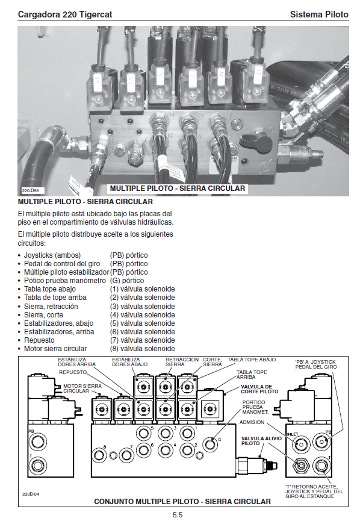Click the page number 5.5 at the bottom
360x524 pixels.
tap(178, 514)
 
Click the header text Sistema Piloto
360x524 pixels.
tap(319, 14)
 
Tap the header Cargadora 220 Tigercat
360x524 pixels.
tap(65, 14)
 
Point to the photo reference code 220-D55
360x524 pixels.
tap(30, 191)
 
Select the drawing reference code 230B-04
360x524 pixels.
tap(31, 494)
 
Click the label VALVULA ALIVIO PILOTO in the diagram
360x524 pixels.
tap(261, 441)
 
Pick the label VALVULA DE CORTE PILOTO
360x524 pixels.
tap(259, 389)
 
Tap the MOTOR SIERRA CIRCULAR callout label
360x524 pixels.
tap(82, 388)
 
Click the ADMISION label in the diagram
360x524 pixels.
tap(252, 422)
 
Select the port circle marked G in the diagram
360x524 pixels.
tap(210, 444)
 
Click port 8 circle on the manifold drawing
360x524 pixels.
tap(99, 455)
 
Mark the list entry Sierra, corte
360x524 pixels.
tap(43, 315)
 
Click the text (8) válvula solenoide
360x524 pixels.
tap(142, 349)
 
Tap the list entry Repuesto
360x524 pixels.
tap(39, 340)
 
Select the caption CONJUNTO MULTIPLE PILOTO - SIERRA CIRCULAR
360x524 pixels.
tap(182, 502)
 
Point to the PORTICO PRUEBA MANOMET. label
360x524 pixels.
tap(255, 407)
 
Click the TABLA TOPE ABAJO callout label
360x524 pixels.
tap(252, 360)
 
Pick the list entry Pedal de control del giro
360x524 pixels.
tap(63, 264)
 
